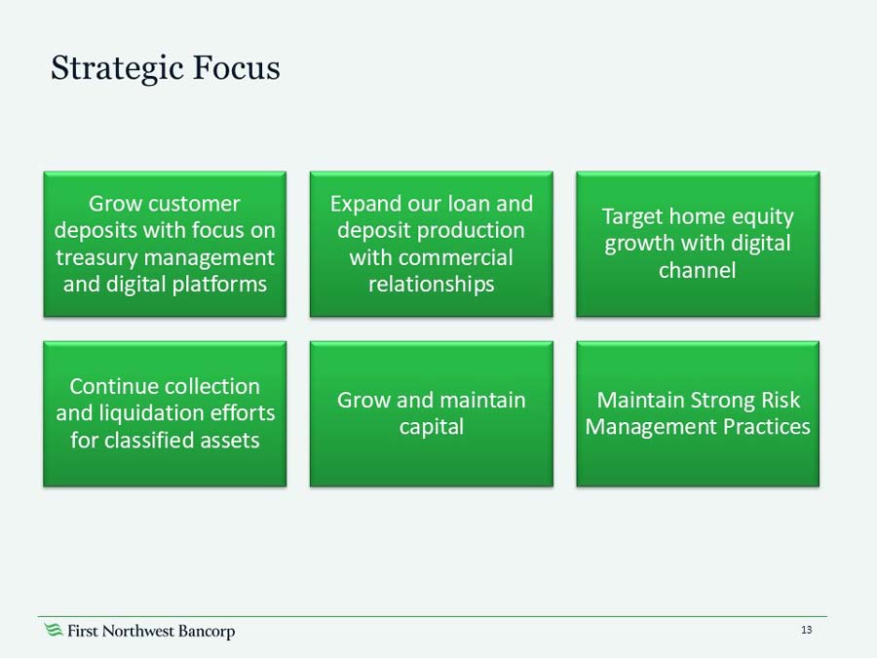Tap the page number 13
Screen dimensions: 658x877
pos(806,631)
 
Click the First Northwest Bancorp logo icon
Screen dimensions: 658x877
pos(54,631)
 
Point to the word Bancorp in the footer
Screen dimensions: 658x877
pos(207,632)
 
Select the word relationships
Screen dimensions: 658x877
pos(431,284)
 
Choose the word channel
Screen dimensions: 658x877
pos(697,270)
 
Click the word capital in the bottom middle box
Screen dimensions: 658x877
pos(431,427)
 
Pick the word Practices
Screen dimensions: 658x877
pos(765,427)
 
